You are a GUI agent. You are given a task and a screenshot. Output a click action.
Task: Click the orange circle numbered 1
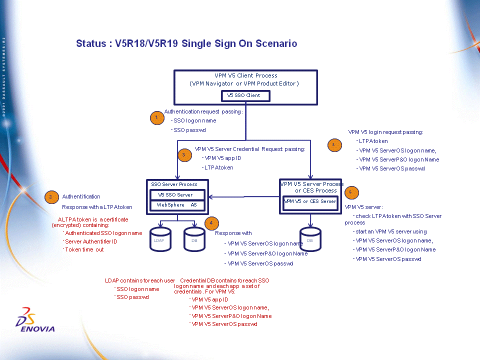(157, 118)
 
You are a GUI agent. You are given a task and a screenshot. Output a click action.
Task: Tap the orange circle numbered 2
(51, 196)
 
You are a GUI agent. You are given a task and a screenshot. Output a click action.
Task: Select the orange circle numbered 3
(184, 155)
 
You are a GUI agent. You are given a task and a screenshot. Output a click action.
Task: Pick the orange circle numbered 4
(212, 223)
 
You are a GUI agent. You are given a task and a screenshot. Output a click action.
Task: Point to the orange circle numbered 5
(334, 145)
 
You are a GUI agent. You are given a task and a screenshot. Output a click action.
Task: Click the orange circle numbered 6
(351, 192)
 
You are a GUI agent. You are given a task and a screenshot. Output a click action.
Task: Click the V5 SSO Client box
(246, 95)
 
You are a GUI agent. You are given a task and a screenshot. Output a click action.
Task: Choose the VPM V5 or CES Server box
(310, 201)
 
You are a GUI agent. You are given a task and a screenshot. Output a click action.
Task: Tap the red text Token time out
(84, 249)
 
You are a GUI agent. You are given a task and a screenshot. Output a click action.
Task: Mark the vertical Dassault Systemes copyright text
(4, 75)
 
